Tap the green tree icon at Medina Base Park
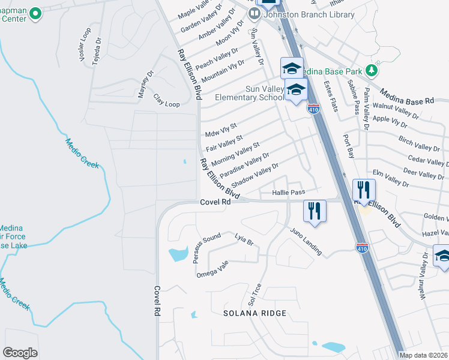pos(372,71)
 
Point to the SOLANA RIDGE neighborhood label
pos(255,313)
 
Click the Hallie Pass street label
pos(289,193)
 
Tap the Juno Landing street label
pos(306,241)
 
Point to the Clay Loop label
pos(166,100)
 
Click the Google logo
pos(20,353)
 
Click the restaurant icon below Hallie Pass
pos(315,211)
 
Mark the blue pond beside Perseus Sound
pos(178,254)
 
